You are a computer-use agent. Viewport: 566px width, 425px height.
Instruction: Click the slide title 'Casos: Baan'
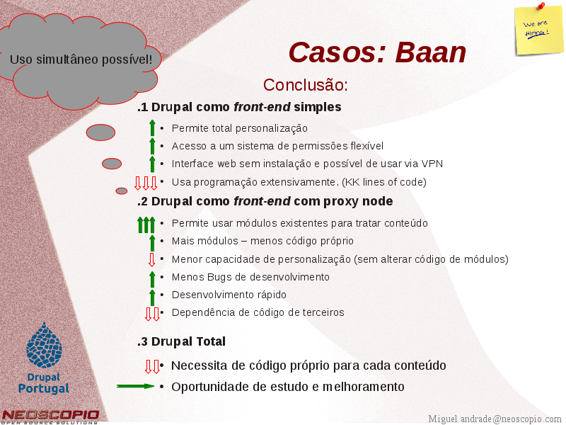click(377, 52)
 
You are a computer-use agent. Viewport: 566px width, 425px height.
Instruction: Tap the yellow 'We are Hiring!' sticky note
click(539, 31)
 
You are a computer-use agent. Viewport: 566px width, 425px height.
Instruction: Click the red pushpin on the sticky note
click(541, 6)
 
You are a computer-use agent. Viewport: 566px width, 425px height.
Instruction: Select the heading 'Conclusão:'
click(306, 85)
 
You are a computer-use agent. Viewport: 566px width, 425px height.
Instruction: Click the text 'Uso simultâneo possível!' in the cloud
click(81, 59)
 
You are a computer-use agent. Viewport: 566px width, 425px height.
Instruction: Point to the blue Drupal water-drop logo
click(44, 345)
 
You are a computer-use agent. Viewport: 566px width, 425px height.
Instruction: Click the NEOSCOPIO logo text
click(50, 415)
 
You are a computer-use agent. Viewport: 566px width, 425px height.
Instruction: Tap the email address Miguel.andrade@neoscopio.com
click(495, 419)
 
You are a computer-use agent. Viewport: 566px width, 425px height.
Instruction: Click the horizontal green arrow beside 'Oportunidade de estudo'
click(135, 386)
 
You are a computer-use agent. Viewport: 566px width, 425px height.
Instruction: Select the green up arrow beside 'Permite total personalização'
click(152, 128)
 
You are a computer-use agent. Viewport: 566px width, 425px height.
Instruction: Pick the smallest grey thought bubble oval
click(122, 191)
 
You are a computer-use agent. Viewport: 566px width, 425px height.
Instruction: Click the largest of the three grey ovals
click(100, 132)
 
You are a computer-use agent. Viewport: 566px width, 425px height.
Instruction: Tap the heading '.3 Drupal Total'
click(181, 341)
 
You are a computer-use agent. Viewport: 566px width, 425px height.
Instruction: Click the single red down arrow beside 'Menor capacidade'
click(152, 259)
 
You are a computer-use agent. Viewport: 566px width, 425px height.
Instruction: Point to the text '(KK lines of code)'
click(384, 182)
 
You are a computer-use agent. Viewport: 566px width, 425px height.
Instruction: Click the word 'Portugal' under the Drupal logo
click(44, 388)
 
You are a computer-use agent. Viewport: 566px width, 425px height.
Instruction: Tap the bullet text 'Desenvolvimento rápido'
click(229, 295)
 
